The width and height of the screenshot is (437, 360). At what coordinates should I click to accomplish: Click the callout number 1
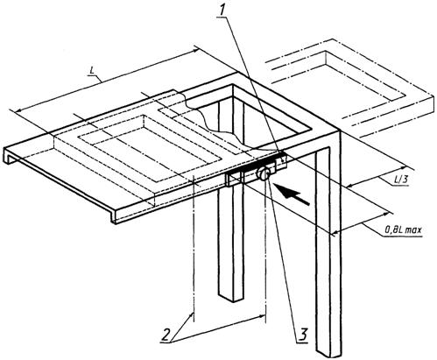(x=222, y=11)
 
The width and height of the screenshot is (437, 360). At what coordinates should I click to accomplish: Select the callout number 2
(x=166, y=335)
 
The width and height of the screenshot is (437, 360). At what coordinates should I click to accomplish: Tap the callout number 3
(x=303, y=334)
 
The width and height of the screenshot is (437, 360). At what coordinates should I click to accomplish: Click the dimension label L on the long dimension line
(x=91, y=72)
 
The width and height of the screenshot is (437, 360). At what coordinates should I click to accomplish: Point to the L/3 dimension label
(x=400, y=180)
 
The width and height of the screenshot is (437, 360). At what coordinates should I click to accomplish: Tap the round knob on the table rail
(x=264, y=174)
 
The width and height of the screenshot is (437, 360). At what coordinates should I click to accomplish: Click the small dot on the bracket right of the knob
(x=282, y=159)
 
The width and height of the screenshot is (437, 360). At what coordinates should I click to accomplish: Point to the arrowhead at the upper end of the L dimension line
(x=196, y=51)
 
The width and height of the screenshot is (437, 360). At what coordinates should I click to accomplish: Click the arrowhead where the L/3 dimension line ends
(x=404, y=167)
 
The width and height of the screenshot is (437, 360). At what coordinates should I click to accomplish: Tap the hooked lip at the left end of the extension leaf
(x=8, y=155)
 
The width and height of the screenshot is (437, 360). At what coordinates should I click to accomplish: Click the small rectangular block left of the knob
(x=234, y=178)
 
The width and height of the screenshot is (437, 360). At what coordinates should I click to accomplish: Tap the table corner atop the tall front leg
(x=339, y=131)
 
